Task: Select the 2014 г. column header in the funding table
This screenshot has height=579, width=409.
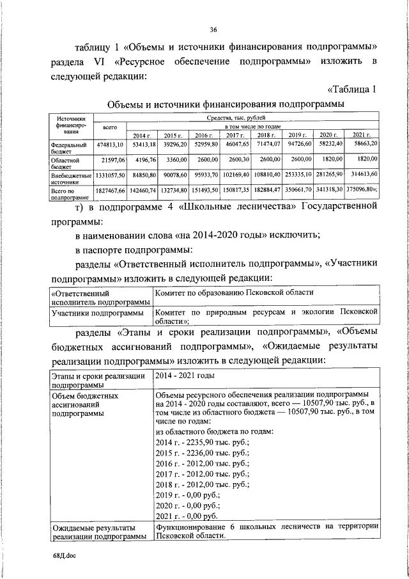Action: point(141,136)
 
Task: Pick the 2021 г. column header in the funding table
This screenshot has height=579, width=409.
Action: point(362,136)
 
